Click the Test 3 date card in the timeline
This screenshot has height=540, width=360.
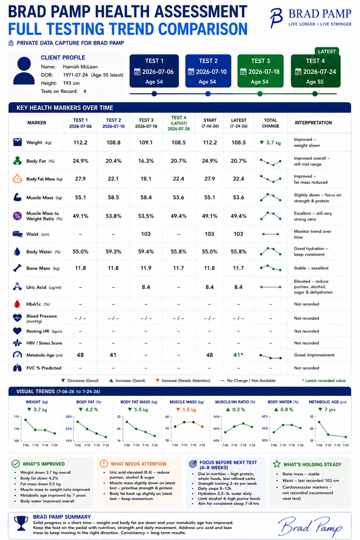(x=261, y=71)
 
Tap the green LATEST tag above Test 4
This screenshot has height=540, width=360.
(x=327, y=51)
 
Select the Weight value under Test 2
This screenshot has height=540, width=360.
(x=113, y=143)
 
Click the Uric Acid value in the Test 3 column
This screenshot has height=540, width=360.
(x=146, y=287)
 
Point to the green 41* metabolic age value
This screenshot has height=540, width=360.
(x=238, y=355)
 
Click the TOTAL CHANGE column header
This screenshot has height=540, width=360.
(x=270, y=123)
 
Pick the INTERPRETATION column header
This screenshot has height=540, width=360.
(x=313, y=123)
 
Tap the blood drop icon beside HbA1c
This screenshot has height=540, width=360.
(x=17, y=304)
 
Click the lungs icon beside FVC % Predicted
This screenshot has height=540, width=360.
(x=17, y=368)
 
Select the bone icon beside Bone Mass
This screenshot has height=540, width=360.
(x=17, y=268)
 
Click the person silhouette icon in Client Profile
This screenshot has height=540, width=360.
(x=24, y=70)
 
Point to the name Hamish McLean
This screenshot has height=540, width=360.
(x=80, y=67)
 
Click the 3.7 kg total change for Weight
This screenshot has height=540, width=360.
(x=270, y=143)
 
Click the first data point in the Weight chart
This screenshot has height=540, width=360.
(x=26, y=420)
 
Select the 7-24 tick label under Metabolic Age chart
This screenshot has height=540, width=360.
(x=346, y=445)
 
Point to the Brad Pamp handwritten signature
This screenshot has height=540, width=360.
(x=310, y=526)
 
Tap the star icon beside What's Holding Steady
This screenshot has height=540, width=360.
(x=277, y=463)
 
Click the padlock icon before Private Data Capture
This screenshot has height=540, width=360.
(x=11, y=43)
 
